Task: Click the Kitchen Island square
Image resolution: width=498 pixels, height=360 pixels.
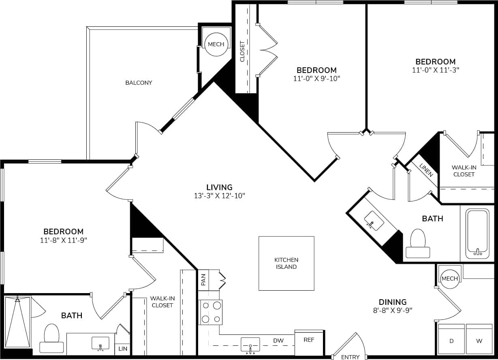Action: point(286,264)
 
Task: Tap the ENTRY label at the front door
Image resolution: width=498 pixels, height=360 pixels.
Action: point(350,357)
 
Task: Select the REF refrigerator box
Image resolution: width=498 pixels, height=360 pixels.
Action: point(309,340)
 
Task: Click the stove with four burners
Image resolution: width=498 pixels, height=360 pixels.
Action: point(211,312)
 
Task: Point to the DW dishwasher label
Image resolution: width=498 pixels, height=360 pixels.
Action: point(278,341)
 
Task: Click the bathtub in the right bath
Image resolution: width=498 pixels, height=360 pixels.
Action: point(478,233)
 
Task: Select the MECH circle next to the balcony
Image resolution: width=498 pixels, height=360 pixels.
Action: point(216,44)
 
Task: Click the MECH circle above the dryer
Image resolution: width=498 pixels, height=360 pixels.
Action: point(449,279)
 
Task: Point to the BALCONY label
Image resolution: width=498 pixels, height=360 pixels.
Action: point(139,83)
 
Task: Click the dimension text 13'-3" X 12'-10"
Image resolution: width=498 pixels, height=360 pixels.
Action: point(219,196)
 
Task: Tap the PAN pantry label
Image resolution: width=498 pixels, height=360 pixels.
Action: point(203,279)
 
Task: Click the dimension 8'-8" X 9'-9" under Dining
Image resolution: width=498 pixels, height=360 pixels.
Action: point(392,311)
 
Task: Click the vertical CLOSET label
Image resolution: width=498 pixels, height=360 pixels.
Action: point(242,51)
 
